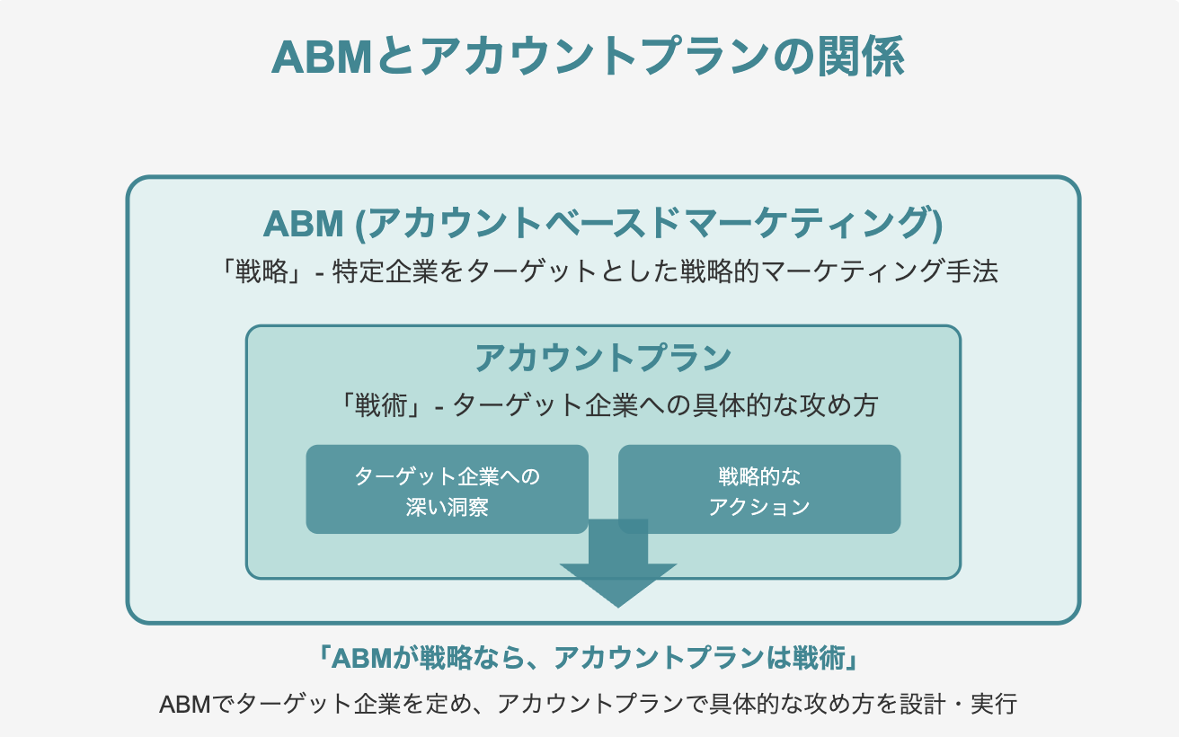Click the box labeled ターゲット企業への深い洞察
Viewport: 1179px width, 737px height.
pos(447,490)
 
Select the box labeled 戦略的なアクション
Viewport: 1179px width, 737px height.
pos(759,490)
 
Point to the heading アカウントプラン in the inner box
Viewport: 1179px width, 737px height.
pos(603,359)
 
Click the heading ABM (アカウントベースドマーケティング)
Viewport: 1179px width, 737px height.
pos(603,224)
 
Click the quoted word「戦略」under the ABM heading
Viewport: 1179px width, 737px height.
pos(260,271)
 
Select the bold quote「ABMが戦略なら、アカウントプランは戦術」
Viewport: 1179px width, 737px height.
pos(589,659)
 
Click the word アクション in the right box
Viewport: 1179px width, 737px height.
pos(759,506)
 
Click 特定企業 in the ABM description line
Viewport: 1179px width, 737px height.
pos(381,271)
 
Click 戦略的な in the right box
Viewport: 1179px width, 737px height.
pos(759,475)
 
